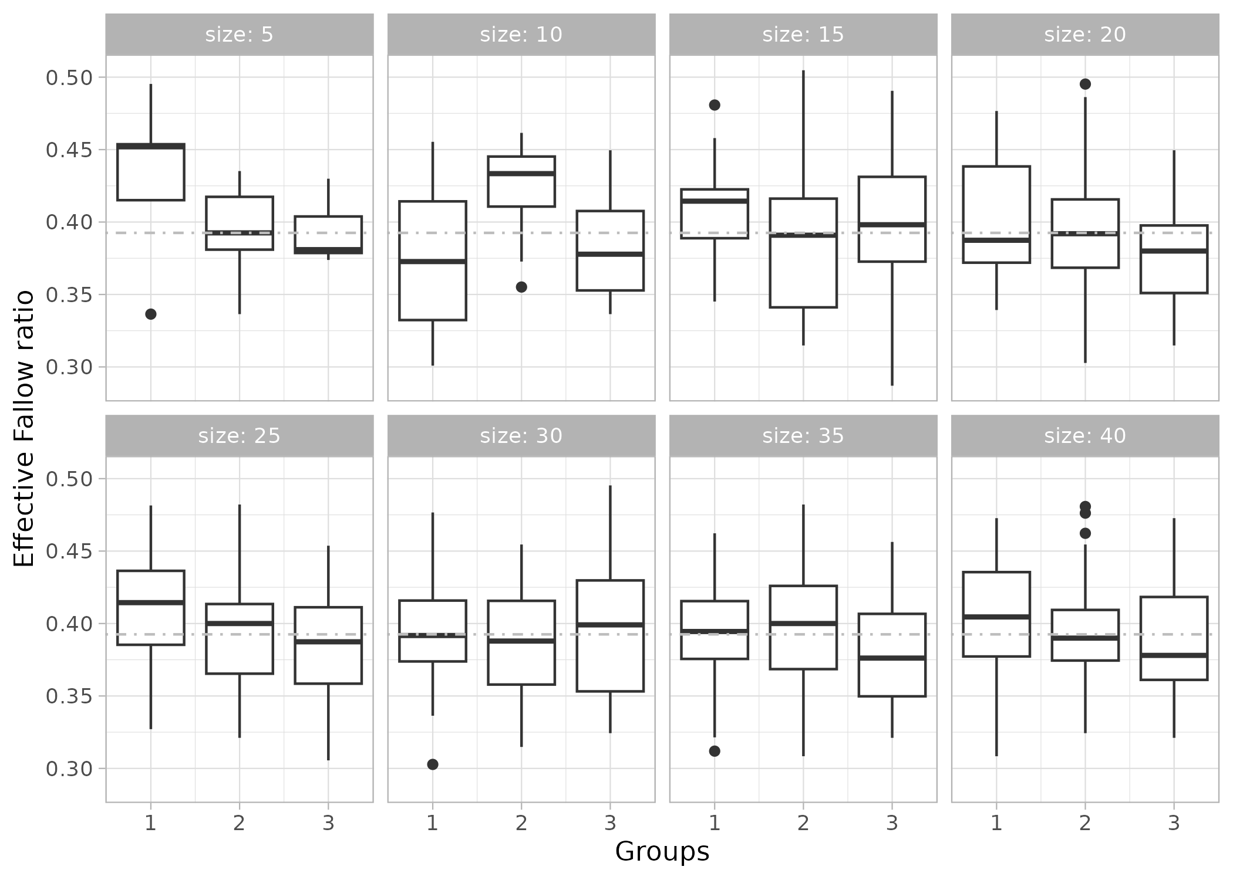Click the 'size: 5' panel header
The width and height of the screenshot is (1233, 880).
coord(239,35)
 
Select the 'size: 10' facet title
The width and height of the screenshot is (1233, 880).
coord(521,35)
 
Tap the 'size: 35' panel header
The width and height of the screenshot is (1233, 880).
coord(803,436)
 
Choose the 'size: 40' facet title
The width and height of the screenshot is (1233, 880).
coord(1084,436)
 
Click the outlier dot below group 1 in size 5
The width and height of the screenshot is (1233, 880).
coord(151,314)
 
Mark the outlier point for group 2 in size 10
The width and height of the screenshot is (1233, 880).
coord(521,287)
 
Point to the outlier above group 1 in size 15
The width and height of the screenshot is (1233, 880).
coord(715,105)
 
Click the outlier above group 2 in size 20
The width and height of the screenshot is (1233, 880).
coord(1085,84)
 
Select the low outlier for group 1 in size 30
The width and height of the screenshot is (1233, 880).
coord(433,764)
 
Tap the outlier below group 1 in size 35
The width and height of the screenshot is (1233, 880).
coord(715,751)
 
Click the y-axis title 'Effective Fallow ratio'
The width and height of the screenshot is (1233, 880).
coord(23,428)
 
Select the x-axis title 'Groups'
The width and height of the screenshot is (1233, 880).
coord(662,852)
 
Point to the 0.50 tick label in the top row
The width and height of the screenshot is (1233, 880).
coord(69,77)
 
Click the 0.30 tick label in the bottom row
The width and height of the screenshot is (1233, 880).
coord(69,769)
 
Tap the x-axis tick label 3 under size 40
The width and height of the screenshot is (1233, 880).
coord(1174,824)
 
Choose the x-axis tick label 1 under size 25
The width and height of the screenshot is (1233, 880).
coord(151,824)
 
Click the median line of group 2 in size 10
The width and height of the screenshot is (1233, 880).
coord(521,173)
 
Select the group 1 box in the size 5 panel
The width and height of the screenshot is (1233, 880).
coord(151,176)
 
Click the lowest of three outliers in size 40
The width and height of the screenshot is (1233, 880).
coord(1085,533)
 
